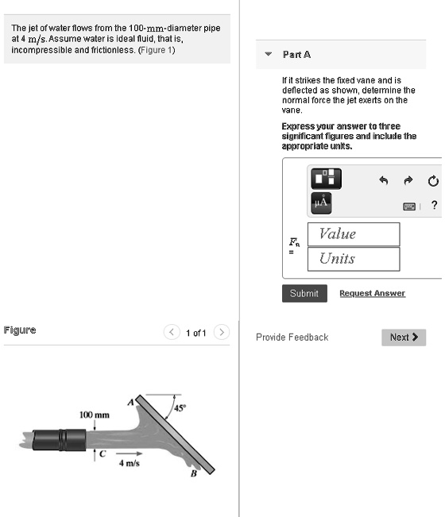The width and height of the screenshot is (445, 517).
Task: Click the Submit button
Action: coord(304,293)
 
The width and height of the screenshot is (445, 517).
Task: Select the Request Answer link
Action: coord(372,293)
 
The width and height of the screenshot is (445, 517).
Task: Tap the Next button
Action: coord(404,338)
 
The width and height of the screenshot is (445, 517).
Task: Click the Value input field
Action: coord(353,234)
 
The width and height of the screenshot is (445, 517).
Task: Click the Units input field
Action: coord(353,259)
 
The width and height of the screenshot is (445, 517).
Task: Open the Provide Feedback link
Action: coord(292,338)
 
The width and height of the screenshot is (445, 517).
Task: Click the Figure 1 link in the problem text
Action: coord(157,50)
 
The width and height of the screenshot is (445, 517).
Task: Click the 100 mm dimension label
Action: coord(94,415)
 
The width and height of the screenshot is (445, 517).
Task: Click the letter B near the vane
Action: coord(192,475)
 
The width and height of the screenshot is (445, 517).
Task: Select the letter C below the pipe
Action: coord(101,453)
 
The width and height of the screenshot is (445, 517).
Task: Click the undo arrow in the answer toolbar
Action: coord(383,180)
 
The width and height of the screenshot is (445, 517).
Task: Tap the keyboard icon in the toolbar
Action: coord(408,205)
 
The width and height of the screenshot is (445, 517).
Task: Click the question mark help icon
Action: coord(434,205)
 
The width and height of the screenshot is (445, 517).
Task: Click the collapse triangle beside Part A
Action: coord(268,54)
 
